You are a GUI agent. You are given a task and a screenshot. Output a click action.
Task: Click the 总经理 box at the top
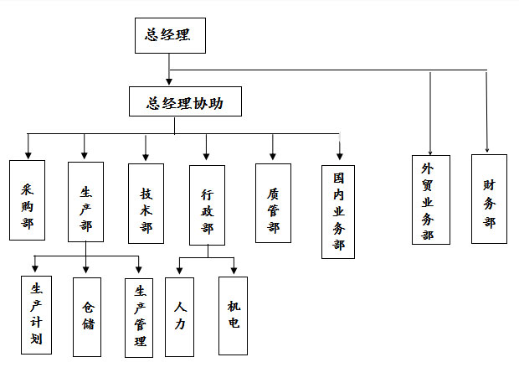[170, 36]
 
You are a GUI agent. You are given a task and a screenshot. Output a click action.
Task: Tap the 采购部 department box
[27, 201]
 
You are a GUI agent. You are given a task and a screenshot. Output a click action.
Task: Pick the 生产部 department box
[85, 201]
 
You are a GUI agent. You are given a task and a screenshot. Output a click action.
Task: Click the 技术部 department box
[146, 203]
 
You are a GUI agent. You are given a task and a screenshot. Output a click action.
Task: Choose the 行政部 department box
[207, 204]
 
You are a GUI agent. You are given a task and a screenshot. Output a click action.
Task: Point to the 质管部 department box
[273, 203]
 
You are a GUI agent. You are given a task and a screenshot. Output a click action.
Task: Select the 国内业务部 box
[338, 210]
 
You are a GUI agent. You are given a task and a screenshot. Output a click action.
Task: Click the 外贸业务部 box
[430, 199]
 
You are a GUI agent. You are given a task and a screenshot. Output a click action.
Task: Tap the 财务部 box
[489, 199]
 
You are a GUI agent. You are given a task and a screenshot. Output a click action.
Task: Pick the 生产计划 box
[36, 314]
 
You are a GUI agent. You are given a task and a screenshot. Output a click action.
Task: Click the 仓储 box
[86, 316]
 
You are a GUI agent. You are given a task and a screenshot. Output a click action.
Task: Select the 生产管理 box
[139, 318]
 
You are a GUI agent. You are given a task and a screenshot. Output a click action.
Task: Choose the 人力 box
[179, 316]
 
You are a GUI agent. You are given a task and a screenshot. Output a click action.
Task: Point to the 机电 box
[233, 315]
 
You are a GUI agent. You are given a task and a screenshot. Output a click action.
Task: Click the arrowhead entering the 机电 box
[234, 271]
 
